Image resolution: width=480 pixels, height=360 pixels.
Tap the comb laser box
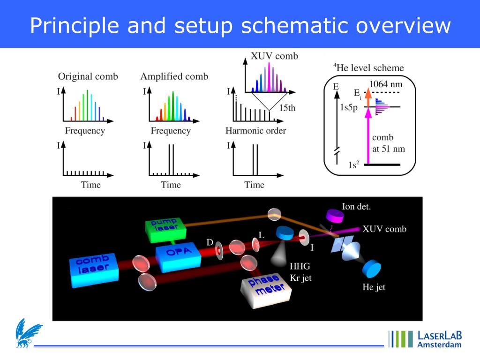click(x=93, y=270)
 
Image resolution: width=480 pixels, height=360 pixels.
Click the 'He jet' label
click(x=374, y=287)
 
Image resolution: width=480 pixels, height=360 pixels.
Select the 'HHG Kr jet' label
click(x=300, y=272)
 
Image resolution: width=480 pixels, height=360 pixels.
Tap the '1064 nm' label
click(x=386, y=85)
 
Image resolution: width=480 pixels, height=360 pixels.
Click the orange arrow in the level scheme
click(x=368, y=97)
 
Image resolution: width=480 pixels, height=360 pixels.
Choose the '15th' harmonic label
click(x=287, y=108)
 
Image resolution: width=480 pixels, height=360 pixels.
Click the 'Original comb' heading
click(x=88, y=76)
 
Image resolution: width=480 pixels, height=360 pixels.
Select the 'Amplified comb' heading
click(x=174, y=76)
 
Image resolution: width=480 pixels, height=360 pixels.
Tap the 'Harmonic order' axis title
click(x=255, y=131)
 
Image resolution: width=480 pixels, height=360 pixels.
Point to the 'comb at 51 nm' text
click(x=388, y=143)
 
